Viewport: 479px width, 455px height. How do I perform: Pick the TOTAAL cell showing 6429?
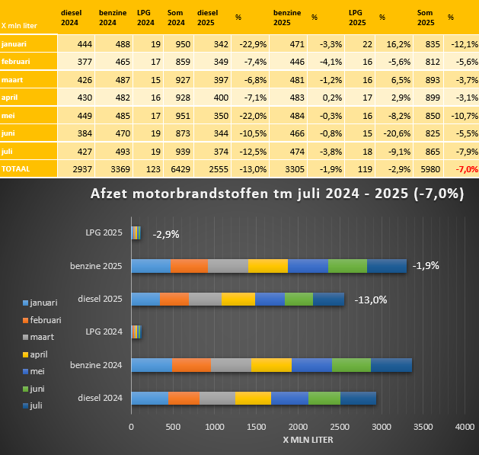point(180,169)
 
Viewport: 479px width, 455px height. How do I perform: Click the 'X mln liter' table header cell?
point(20,26)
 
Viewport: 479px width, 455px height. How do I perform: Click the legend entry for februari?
point(45,320)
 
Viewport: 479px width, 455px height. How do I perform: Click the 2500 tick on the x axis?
point(340,428)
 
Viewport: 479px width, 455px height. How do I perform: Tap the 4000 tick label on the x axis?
point(465,428)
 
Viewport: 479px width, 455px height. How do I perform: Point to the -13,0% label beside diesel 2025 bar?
point(370,299)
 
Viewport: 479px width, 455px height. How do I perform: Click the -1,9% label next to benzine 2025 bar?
point(426,266)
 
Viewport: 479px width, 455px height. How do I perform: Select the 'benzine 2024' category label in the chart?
point(96,365)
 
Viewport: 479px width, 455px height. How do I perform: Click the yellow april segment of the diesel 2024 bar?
point(253,398)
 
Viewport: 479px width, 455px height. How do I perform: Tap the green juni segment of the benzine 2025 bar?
point(347,266)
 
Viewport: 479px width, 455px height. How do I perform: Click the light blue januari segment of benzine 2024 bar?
point(151,365)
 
